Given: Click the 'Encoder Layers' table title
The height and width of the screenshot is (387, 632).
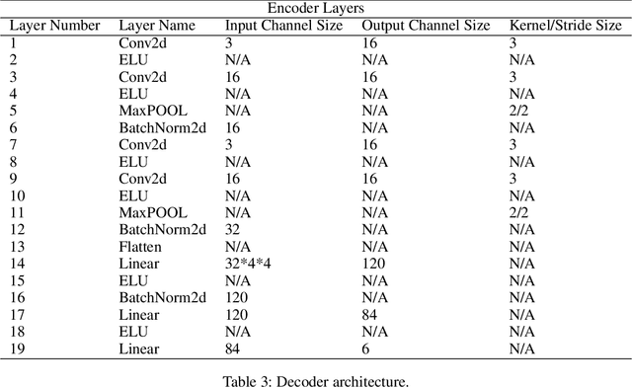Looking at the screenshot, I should point(316,8).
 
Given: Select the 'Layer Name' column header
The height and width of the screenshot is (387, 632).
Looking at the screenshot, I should point(153,27).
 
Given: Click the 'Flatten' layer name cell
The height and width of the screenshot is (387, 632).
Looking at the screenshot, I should point(140,246).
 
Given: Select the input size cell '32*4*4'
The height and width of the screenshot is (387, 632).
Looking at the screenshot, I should point(248,264).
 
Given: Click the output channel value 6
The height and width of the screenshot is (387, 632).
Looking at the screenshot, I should point(364,348).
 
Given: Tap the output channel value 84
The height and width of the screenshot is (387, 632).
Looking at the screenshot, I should point(368,314).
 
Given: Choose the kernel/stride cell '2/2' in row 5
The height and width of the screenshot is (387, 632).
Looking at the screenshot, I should point(517,111).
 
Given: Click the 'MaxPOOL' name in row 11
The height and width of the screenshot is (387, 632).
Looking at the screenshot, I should point(151,212).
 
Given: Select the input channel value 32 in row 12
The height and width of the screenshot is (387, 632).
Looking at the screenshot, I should point(233,229).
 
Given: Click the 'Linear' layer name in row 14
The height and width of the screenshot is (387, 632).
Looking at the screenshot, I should point(138,264).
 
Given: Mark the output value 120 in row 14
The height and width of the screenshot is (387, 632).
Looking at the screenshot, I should point(371,264).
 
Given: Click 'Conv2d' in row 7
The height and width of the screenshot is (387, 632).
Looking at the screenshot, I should point(143,144).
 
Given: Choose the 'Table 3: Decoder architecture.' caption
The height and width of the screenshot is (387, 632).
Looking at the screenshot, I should point(316,376).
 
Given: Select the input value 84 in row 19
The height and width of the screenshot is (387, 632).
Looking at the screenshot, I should point(233,348).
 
